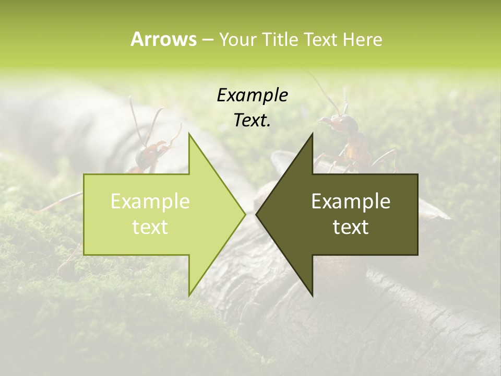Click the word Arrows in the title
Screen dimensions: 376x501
[163, 39]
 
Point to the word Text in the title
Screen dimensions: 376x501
[320, 39]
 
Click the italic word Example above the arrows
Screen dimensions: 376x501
[253, 96]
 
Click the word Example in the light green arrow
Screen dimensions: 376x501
[150, 202]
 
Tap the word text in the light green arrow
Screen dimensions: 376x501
[150, 227]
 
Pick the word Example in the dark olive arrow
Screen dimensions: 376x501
[351, 202]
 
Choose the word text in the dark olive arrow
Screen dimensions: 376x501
[351, 227]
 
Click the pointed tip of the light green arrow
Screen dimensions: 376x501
[245, 214]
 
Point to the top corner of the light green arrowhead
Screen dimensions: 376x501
[189, 133]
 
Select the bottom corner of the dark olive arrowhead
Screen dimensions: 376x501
[313, 295]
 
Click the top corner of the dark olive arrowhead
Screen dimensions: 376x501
[313, 133]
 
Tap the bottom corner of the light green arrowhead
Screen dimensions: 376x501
[189, 295]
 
